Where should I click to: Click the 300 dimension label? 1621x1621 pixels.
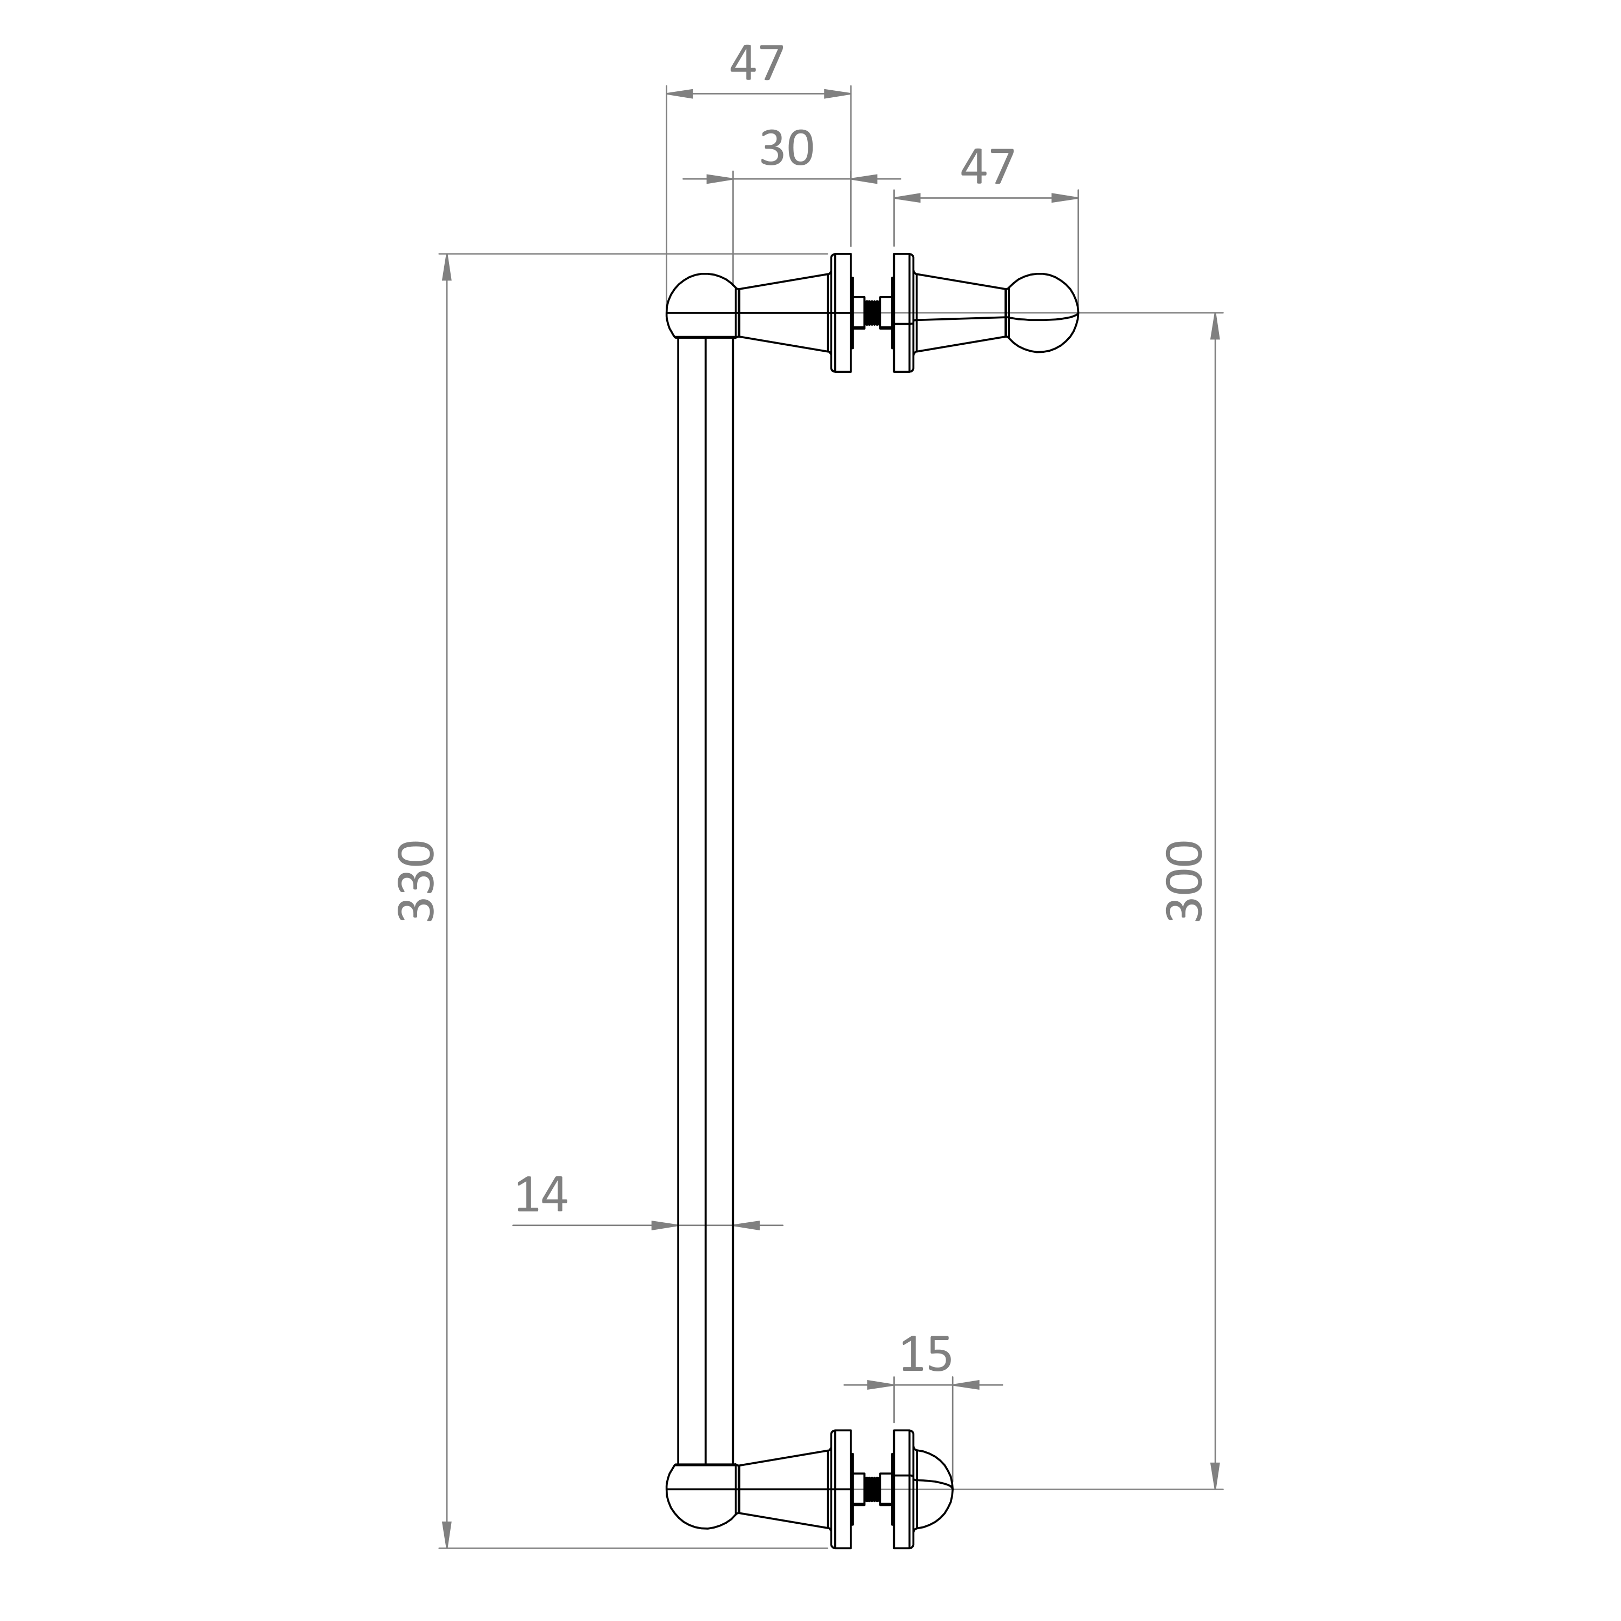[1185, 881]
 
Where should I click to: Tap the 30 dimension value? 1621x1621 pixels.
[786, 149]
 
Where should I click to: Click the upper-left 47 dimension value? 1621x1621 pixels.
[757, 64]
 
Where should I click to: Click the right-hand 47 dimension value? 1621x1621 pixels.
[988, 168]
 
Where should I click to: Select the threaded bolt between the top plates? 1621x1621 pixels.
[873, 312]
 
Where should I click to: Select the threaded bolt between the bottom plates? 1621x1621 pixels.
[873, 1513]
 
